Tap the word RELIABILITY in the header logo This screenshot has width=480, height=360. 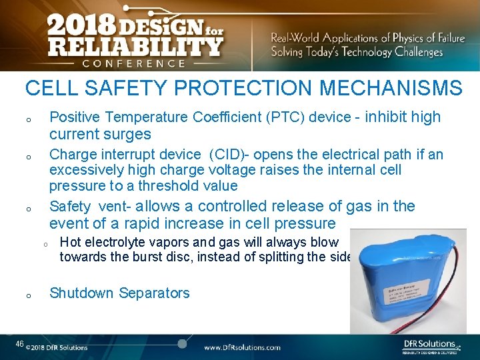135,46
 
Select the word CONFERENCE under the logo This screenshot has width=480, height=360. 134,63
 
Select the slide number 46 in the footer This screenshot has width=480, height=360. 19,344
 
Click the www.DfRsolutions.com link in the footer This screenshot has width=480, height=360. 241,347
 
